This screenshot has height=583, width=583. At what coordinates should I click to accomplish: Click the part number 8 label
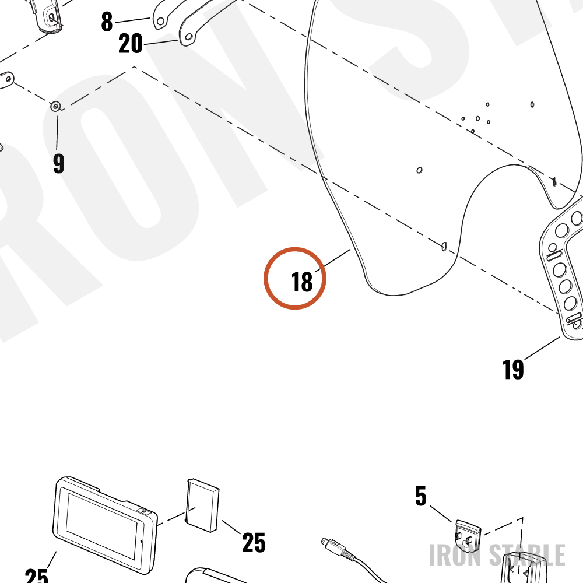click(107, 22)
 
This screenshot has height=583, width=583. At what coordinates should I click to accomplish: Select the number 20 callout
click(130, 44)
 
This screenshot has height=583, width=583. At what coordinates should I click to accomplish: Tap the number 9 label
click(59, 163)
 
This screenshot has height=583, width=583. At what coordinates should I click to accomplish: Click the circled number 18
click(302, 282)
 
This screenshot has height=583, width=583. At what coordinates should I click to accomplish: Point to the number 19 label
click(513, 369)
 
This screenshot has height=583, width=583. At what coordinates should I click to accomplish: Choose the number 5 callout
click(420, 496)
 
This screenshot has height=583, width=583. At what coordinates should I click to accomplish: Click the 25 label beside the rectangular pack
click(254, 542)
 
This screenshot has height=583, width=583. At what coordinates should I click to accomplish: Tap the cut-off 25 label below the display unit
click(36, 575)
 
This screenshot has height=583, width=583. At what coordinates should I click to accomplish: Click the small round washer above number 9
click(56, 107)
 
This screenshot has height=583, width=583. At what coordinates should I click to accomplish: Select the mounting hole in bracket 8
click(160, 22)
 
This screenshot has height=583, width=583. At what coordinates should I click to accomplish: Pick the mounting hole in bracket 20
click(188, 37)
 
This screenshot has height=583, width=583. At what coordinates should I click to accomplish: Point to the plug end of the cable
click(332, 546)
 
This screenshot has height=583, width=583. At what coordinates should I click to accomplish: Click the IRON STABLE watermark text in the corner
click(497, 555)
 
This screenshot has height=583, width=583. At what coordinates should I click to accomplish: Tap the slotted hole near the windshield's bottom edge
click(444, 246)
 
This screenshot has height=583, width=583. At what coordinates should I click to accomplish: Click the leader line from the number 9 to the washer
click(57, 133)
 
